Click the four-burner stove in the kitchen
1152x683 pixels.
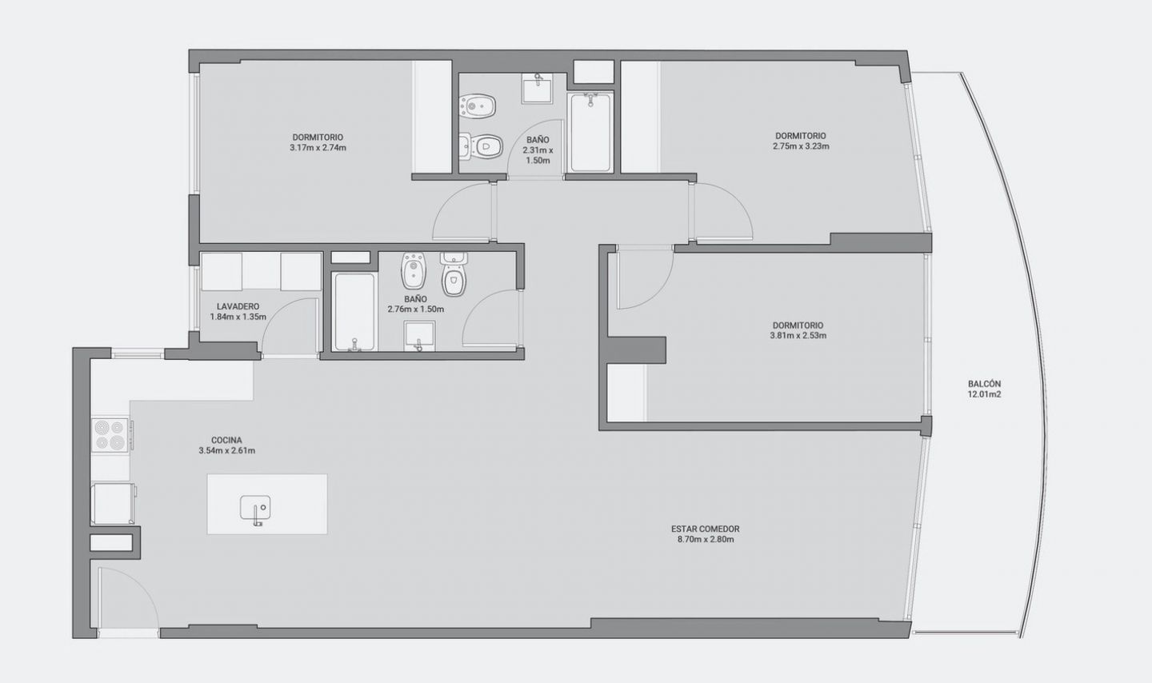point(110,435)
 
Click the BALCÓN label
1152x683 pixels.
point(984,384)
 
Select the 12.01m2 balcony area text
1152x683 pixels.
point(984,394)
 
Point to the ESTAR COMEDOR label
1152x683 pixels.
point(705,529)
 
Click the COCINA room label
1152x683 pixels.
point(226,440)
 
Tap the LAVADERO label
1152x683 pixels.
point(238,306)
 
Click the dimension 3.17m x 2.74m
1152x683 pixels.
point(318,148)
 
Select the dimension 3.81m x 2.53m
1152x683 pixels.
point(798,336)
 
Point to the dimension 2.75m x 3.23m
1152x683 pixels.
point(801,146)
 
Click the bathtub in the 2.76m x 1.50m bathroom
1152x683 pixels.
point(354,312)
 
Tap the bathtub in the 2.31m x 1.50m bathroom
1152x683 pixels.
point(591,132)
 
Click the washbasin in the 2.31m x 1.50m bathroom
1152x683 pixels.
point(537,88)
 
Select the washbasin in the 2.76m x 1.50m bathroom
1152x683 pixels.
point(419,336)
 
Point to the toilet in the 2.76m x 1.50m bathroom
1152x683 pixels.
point(454,274)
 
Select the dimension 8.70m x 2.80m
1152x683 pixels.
point(705,540)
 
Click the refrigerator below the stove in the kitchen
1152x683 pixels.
point(113,504)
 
